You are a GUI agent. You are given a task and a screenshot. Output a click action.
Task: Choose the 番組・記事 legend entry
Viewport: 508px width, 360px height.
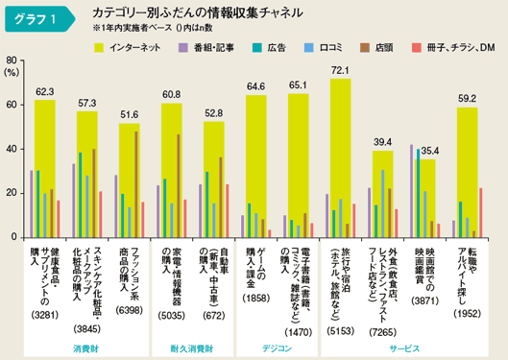click(x=209, y=46)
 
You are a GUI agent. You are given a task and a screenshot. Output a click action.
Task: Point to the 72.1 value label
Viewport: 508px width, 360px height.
click(x=340, y=71)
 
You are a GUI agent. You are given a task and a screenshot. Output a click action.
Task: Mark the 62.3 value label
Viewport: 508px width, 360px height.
click(x=45, y=92)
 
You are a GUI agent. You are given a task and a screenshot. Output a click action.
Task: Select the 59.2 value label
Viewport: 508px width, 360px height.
click(x=467, y=99)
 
